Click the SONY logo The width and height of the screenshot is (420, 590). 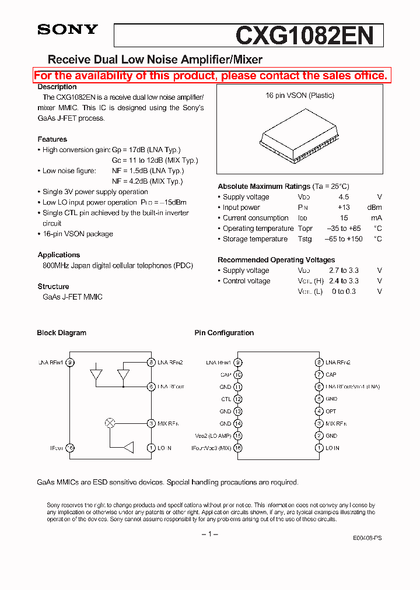(x=68, y=30)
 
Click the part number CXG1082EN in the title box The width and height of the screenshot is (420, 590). (x=304, y=36)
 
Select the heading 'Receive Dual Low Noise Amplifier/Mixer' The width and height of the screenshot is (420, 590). (x=155, y=59)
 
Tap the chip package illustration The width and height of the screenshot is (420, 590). (x=300, y=139)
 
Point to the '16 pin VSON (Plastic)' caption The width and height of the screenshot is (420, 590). (x=300, y=96)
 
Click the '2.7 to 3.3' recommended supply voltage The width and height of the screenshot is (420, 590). (x=345, y=271)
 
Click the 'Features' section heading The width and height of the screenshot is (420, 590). (x=52, y=139)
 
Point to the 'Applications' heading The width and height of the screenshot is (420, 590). (x=59, y=255)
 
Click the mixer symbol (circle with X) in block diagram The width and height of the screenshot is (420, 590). (x=110, y=423)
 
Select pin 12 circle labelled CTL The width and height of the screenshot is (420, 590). (x=237, y=399)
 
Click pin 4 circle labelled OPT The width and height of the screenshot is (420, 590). (x=319, y=412)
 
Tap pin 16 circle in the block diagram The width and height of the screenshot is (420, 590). (x=70, y=448)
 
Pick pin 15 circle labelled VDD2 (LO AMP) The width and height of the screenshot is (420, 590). (x=237, y=436)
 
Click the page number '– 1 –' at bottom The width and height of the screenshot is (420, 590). (x=209, y=535)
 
